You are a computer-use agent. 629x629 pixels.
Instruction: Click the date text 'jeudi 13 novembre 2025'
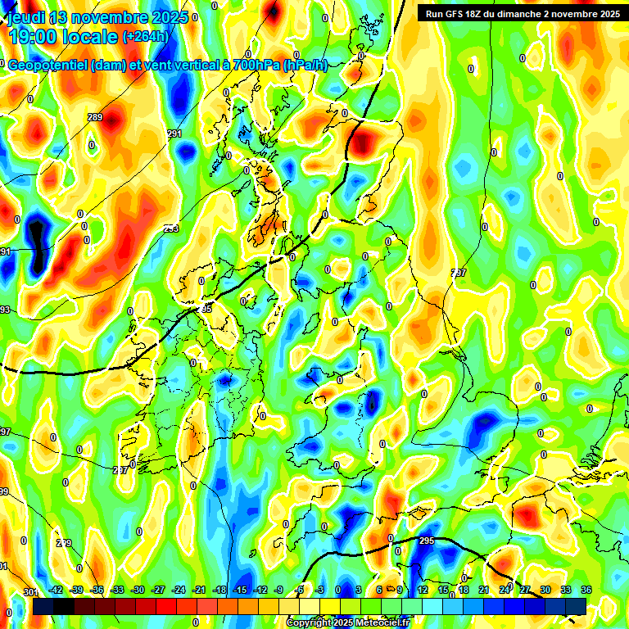(x=97, y=17)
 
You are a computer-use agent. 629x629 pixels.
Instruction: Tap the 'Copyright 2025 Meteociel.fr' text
(x=348, y=623)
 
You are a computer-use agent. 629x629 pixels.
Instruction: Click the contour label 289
(x=95, y=117)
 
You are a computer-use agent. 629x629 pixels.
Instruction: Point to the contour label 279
(x=64, y=543)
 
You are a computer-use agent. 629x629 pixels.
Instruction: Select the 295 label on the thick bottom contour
(x=427, y=541)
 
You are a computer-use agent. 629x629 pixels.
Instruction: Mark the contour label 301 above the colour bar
(x=30, y=592)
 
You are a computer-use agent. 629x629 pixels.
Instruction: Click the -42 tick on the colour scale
(x=57, y=590)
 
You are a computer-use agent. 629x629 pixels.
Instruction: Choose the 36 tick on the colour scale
(x=586, y=590)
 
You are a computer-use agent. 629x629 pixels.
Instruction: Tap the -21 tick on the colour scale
(x=198, y=590)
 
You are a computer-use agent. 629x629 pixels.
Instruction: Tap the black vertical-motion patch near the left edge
(x=36, y=242)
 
